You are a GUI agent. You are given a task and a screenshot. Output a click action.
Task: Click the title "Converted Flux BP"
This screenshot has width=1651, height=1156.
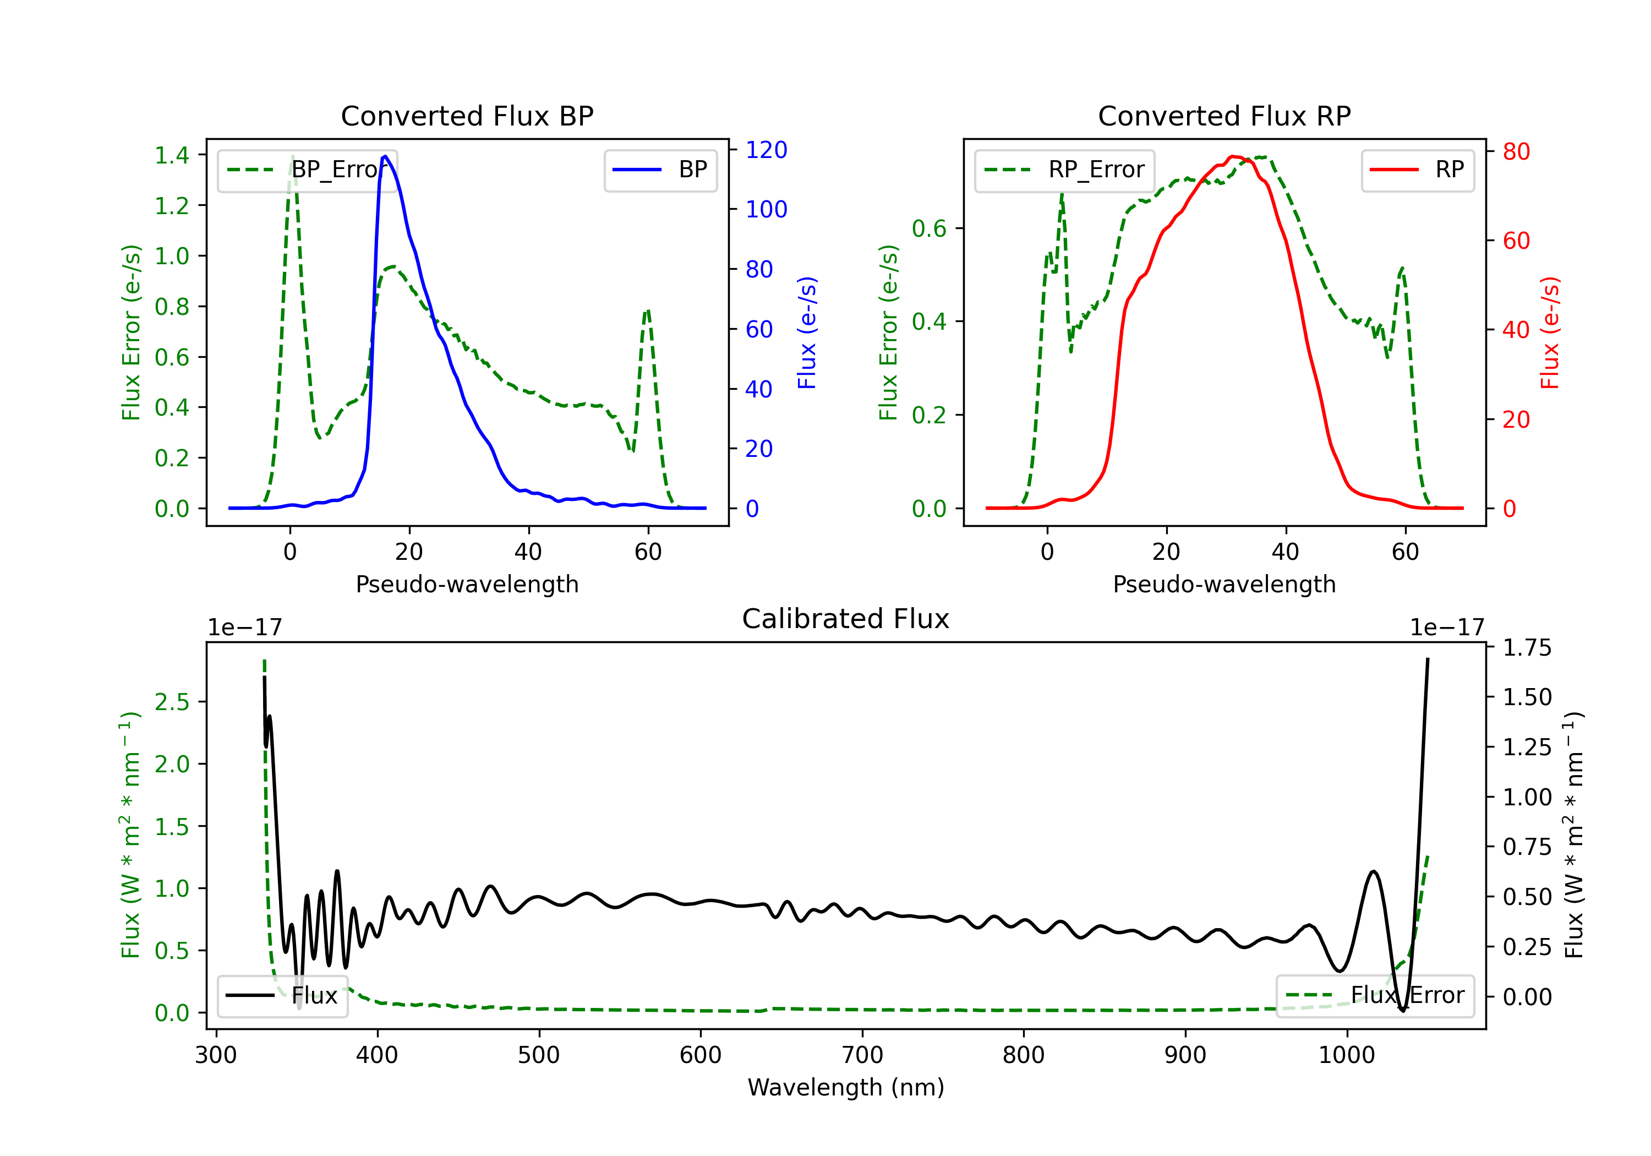click(x=467, y=116)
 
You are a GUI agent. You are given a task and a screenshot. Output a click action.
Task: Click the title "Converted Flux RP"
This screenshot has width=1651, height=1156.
click(x=1224, y=116)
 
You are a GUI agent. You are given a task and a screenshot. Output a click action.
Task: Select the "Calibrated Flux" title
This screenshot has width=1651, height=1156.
click(x=846, y=619)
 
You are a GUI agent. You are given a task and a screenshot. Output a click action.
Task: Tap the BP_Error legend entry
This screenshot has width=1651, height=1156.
click(x=308, y=170)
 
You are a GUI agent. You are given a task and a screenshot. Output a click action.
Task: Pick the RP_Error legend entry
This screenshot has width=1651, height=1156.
click(x=1064, y=170)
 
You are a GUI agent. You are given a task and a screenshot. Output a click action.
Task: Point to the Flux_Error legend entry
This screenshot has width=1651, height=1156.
click(x=1375, y=996)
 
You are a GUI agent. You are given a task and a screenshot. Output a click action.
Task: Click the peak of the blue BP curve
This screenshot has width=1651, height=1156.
click(x=385, y=156)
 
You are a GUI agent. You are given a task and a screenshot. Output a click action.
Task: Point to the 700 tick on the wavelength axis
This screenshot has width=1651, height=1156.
click(x=862, y=1055)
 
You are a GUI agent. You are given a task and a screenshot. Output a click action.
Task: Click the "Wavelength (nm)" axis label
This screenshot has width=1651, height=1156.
click(x=846, y=1087)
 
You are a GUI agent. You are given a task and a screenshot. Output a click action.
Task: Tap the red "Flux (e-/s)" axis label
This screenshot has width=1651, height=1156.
click(x=1550, y=332)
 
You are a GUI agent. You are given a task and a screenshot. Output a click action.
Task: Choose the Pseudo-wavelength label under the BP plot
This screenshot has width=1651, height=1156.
click(x=467, y=584)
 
